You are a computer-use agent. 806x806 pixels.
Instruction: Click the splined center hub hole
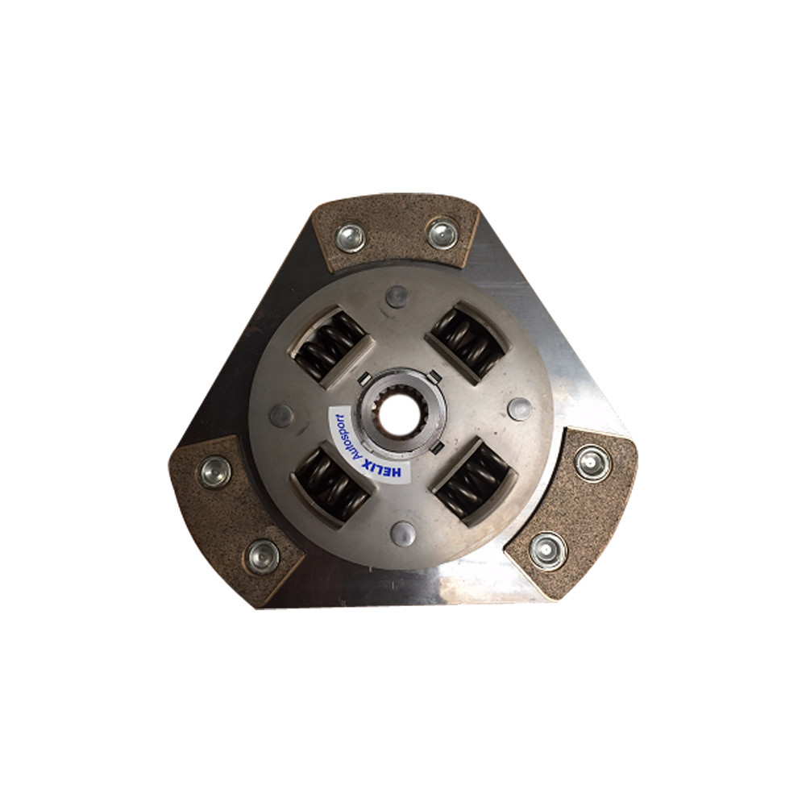coord(398,417)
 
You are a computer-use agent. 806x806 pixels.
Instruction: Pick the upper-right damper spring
coord(466,342)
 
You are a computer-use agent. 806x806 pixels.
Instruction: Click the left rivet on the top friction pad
coord(351,237)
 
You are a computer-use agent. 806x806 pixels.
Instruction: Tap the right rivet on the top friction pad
coord(442,234)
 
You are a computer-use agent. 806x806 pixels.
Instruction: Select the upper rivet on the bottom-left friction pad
coord(215,471)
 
